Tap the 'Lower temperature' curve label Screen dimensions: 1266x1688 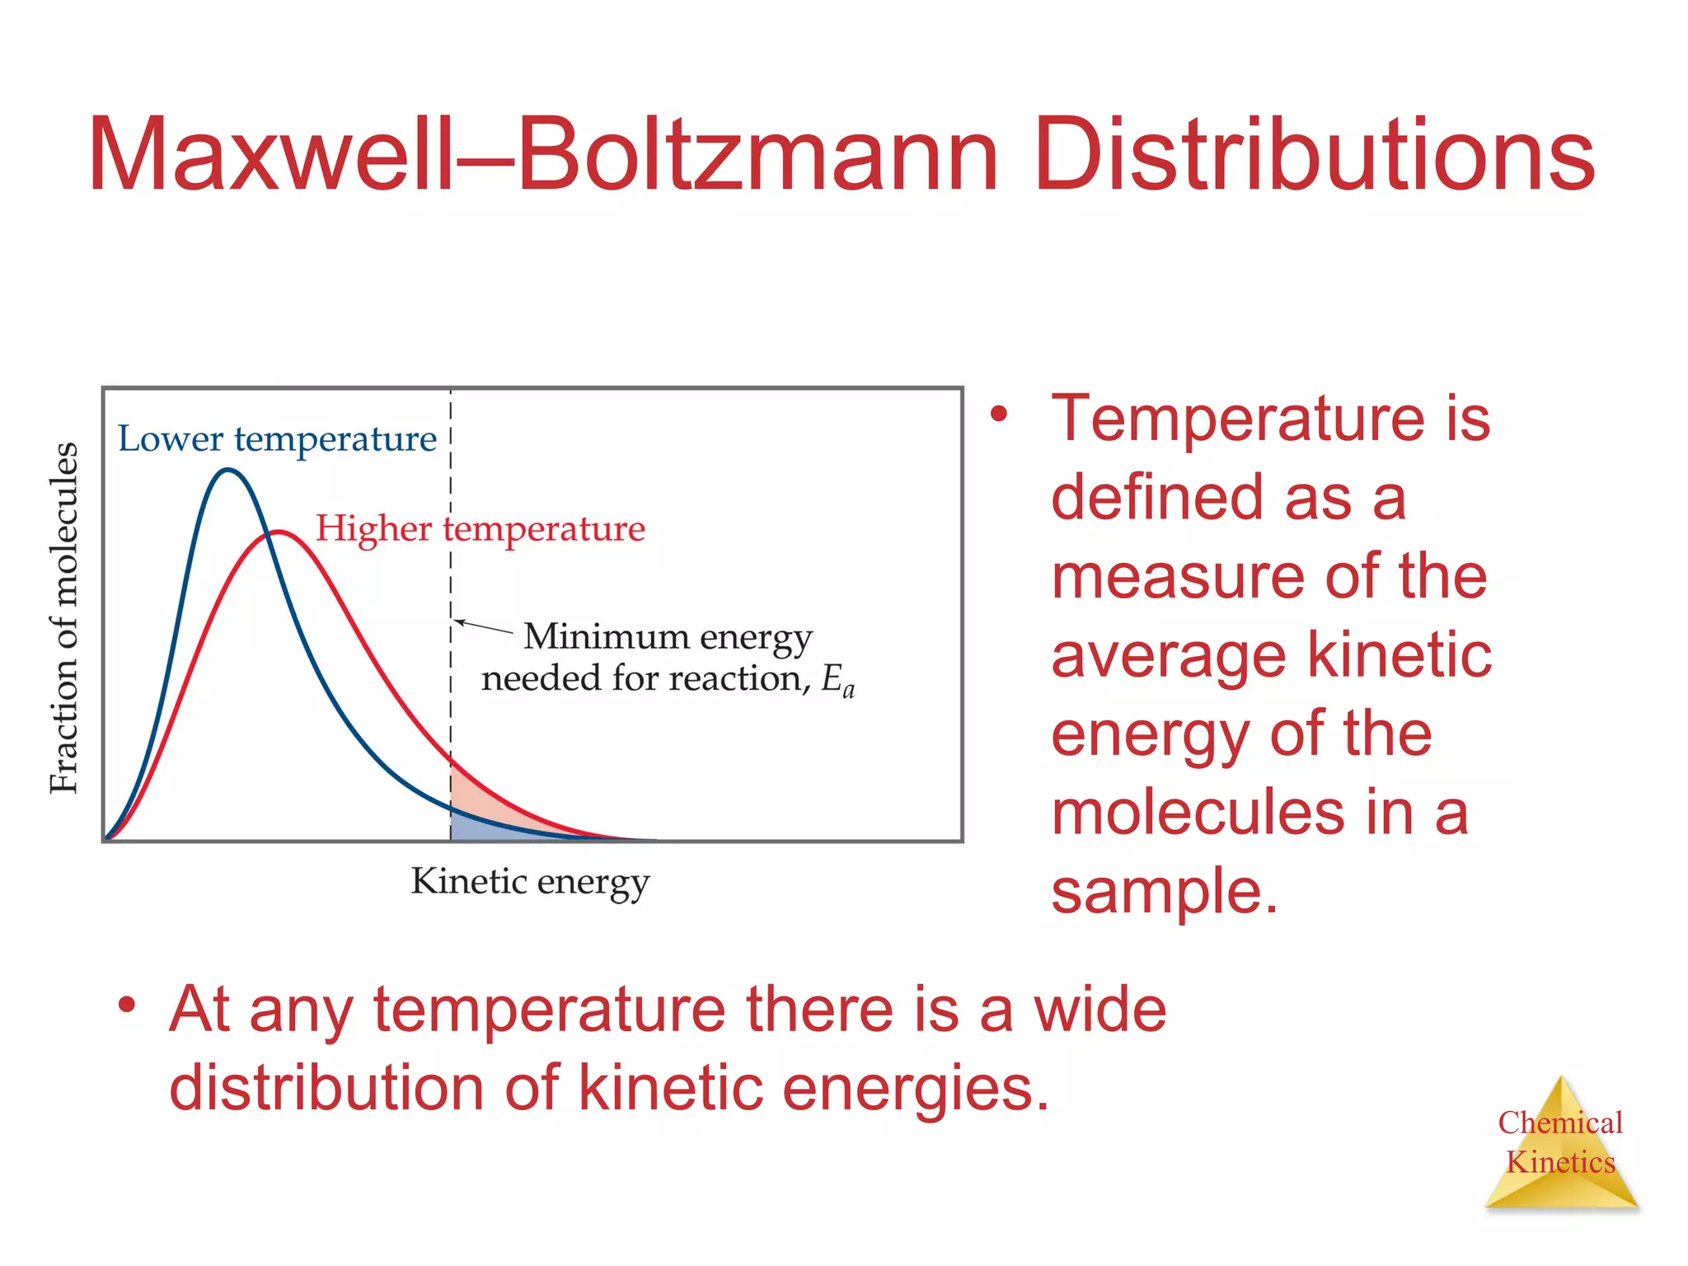tap(277, 438)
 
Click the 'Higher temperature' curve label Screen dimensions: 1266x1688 tap(481, 528)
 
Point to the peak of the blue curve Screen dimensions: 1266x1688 tap(228, 471)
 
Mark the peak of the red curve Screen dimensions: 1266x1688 tap(279, 532)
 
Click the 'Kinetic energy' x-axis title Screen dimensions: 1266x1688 tap(530, 882)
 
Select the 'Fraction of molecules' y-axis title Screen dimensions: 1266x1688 tap(64, 618)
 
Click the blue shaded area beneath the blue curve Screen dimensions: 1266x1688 tap(478, 828)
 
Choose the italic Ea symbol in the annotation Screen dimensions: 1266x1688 tap(837, 681)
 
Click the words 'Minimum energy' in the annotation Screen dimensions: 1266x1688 tap(668, 637)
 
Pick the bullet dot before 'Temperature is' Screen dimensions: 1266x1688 tap(999, 415)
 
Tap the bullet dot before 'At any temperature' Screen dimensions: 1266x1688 tap(125, 1005)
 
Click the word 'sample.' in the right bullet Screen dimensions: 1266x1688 tap(1164, 892)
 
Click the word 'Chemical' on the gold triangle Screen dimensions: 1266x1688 tap(1559, 1123)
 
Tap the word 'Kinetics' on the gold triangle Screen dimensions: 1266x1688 tap(1559, 1162)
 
